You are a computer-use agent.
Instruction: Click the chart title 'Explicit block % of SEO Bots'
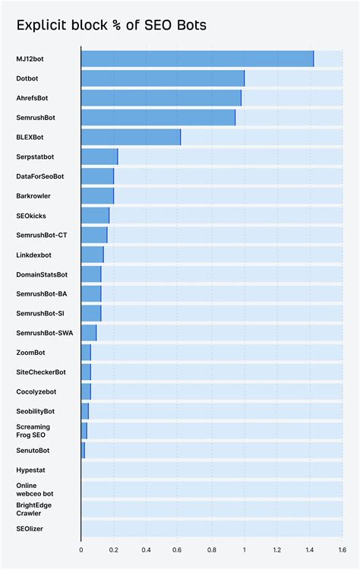[112, 26]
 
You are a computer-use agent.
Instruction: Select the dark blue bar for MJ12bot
[197, 59]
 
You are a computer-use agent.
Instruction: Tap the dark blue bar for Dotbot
[163, 78]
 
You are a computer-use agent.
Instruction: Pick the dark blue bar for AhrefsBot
[161, 98]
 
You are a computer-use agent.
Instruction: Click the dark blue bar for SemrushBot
[158, 118]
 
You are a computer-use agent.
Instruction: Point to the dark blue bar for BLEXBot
[131, 137]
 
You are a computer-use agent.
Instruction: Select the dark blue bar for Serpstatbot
[99, 157]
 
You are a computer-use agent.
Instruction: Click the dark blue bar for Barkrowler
[97, 196]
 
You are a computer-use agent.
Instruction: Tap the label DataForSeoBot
[39, 176]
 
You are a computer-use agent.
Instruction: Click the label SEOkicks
[31, 216]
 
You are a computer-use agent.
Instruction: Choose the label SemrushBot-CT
[42, 235]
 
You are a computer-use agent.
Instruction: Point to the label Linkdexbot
[34, 255]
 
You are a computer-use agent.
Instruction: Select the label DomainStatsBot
[42, 274]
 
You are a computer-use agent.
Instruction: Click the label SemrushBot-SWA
[44, 333]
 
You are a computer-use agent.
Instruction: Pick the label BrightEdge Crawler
[33, 509]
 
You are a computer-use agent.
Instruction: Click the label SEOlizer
[30, 529]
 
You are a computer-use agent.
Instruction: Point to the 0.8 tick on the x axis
[212, 549]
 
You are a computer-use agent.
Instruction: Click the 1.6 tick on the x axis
[342, 549]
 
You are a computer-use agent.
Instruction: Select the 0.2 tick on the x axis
[114, 549]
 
